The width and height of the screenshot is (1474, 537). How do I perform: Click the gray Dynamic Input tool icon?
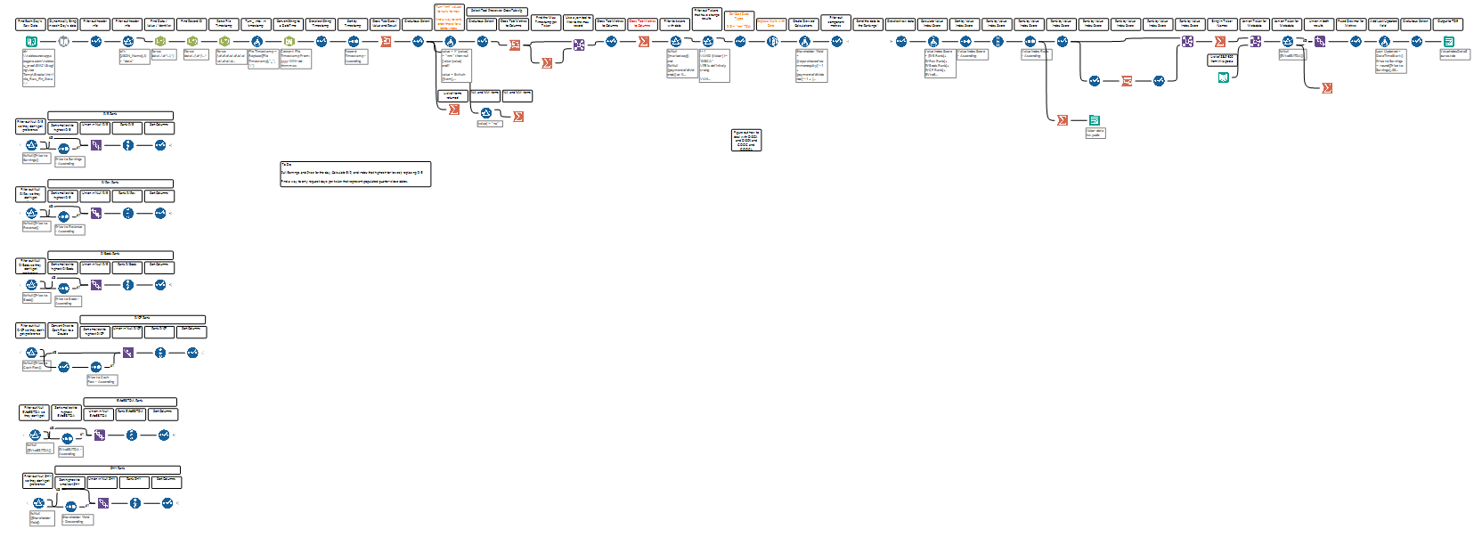(64, 41)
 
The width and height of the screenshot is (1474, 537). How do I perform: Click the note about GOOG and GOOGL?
(746, 140)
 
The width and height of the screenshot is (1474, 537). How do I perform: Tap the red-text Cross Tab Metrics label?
(641, 23)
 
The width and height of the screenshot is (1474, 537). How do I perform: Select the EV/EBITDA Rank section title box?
(130, 401)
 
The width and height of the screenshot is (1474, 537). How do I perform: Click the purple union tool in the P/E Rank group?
(96, 145)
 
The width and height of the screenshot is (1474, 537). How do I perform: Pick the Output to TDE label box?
(1447, 22)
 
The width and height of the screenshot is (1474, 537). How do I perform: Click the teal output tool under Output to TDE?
(1448, 41)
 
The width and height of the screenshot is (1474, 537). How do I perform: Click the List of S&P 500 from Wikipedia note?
(1222, 60)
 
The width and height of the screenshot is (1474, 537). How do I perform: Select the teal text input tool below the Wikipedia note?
(1224, 77)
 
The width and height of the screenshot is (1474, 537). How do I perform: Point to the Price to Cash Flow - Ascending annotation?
(101, 379)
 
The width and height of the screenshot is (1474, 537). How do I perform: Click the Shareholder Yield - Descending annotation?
(77, 519)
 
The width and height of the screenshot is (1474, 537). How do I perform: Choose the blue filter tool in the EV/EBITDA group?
(35, 435)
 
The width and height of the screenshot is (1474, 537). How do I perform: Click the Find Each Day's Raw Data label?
(30, 23)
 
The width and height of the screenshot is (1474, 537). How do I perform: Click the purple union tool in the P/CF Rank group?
(128, 353)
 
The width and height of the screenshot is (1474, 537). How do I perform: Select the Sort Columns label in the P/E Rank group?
(159, 126)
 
